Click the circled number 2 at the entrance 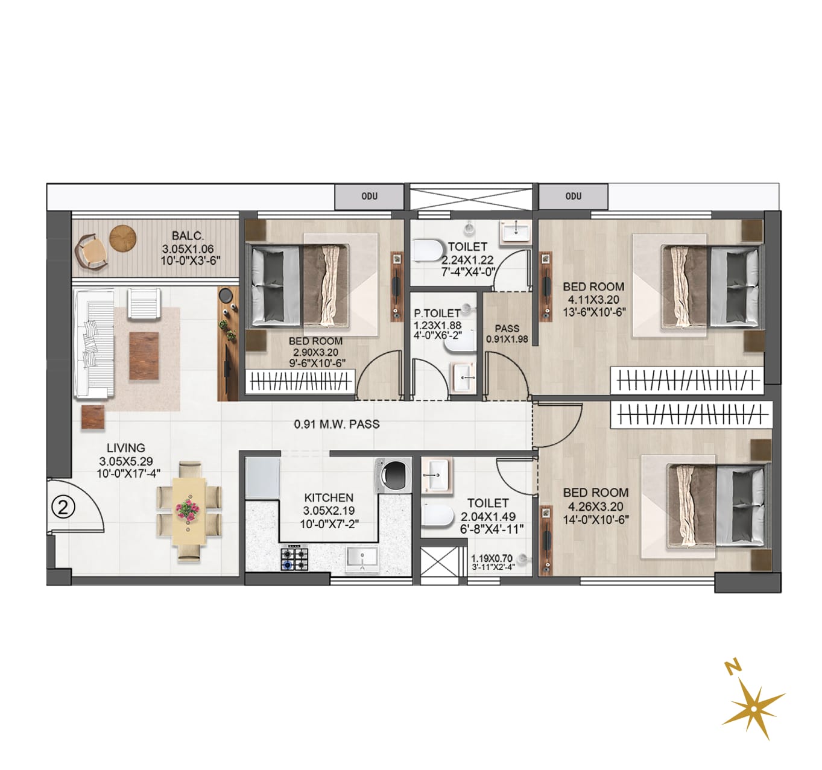tap(63, 508)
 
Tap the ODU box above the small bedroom tap(369, 196)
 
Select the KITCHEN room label tap(329, 497)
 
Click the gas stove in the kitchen tap(295, 558)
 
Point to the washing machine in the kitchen tap(393, 475)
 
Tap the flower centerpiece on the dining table tap(188, 509)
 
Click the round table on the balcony tap(123, 238)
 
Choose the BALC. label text tap(188, 236)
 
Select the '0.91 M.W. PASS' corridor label tap(337, 424)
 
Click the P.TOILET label tap(437, 314)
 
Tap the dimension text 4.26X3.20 tap(596, 506)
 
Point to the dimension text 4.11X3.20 tap(593, 299)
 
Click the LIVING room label tap(126, 447)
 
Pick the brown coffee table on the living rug tap(144, 356)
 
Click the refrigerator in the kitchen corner tap(262, 478)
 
